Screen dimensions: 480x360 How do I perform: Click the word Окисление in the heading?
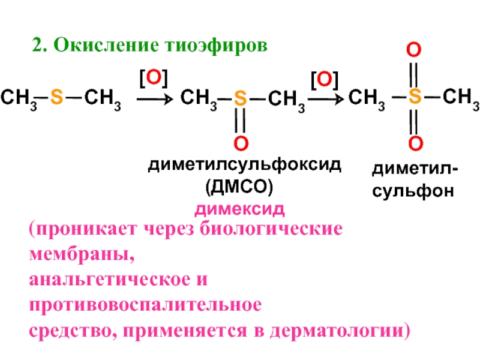click(x=101, y=46)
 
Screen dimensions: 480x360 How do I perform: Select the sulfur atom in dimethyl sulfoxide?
click(x=239, y=98)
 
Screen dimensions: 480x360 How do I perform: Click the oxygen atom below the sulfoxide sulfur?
click(x=239, y=143)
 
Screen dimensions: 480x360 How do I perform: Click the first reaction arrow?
click(x=155, y=98)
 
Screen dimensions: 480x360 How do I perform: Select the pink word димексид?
click(x=238, y=210)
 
